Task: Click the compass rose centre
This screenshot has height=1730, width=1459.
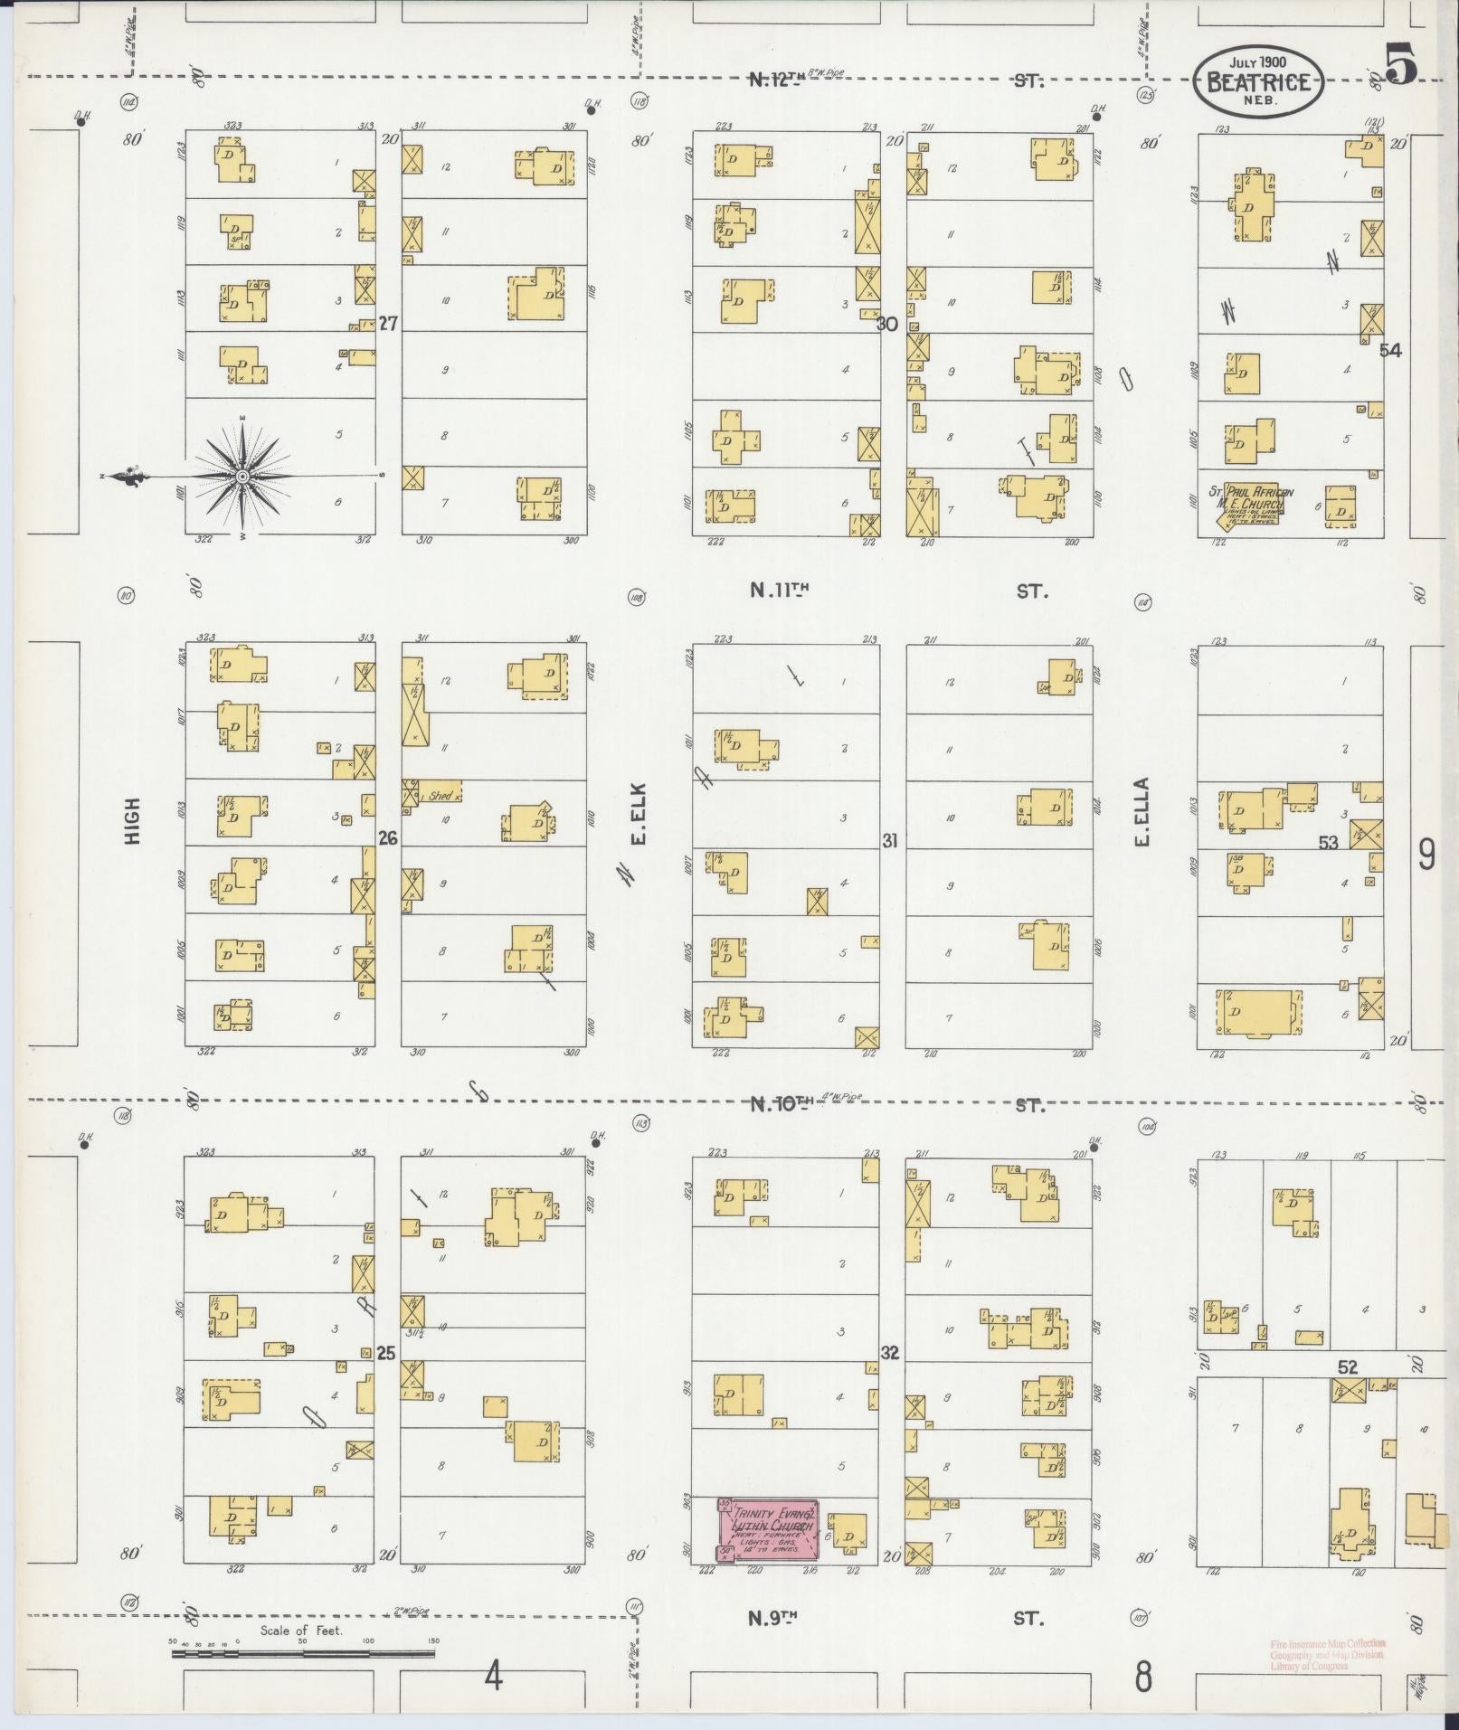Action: pos(242,476)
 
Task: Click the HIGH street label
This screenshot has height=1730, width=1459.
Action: pos(134,820)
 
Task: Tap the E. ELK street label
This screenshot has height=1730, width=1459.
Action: pos(639,825)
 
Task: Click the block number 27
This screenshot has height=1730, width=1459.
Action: pos(388,324)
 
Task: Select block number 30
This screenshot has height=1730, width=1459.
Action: pos(887,324)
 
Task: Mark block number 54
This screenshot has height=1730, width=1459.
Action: pos(1390,350)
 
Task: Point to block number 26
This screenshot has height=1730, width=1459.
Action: pos(388,837)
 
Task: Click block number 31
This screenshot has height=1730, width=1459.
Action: pos(890,840)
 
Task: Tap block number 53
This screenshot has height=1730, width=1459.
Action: pos(1328,842)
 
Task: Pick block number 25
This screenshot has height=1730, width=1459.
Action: pos(386,1354)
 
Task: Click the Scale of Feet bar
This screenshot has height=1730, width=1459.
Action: pos(303,1655)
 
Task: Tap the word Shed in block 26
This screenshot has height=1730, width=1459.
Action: pos(441,795)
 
